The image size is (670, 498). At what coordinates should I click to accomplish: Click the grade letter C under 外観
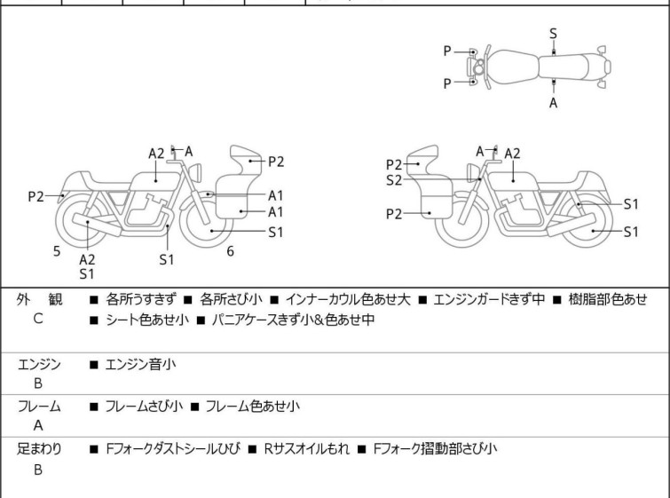click(x=38, y=318)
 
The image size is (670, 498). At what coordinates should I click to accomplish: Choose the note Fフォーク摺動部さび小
click(x=435, y=449)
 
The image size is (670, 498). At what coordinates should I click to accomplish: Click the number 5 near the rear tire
click(x=57, y=251)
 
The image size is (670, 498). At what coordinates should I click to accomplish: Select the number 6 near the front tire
click(x=230, y=251)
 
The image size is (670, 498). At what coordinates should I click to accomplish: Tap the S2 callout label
click(x=394, y=180)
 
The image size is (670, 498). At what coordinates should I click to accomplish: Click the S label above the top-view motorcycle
click(x=553, y=33)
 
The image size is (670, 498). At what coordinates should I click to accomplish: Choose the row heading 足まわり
click(x=39, y=449)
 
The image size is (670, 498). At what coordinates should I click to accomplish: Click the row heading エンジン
click(x=39, y=364)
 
